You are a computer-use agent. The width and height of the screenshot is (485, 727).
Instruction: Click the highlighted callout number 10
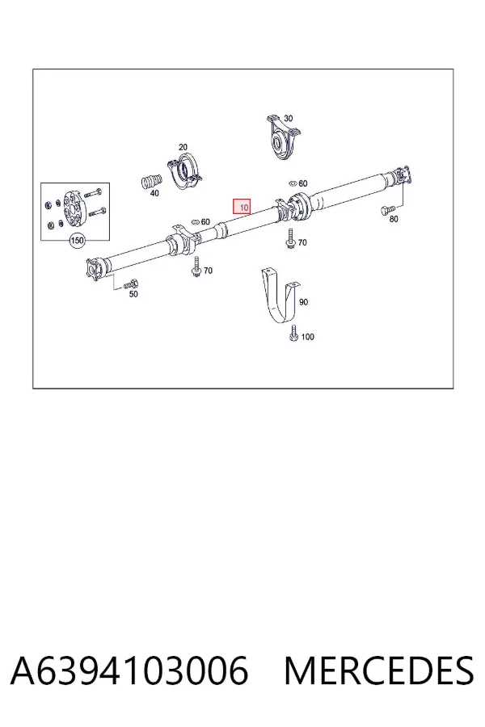[242, 208]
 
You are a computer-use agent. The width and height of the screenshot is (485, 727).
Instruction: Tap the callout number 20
[183, 148]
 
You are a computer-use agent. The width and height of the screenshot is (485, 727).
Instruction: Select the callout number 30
[289, 119]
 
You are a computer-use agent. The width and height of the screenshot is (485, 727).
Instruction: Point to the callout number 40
[154, 193]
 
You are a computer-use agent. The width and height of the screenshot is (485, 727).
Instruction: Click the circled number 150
[77, 241]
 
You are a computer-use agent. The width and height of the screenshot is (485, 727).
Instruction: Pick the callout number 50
[133, 294]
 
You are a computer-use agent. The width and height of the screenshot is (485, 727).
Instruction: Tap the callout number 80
[394, 219]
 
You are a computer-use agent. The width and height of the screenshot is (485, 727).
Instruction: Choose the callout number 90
[303, 302]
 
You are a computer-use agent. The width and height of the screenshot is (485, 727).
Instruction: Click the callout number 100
[308, 337]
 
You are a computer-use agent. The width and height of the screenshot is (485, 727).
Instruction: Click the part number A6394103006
[129, 670]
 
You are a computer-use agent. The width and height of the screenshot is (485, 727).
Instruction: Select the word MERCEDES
[379, 670]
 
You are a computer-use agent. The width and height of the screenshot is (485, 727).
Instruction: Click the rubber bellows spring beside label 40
[151, 181]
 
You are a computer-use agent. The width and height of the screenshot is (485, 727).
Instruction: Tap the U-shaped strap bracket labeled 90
[280, 297]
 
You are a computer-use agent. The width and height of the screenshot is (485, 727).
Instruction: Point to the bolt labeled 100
[293, 334]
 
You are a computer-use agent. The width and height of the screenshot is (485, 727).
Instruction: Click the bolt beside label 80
[387, 211]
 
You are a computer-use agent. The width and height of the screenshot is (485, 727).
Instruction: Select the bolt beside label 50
[131, 284]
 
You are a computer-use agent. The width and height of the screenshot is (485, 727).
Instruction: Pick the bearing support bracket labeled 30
[283, 137]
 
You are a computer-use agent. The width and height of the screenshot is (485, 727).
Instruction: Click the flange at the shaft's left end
[95, 269]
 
